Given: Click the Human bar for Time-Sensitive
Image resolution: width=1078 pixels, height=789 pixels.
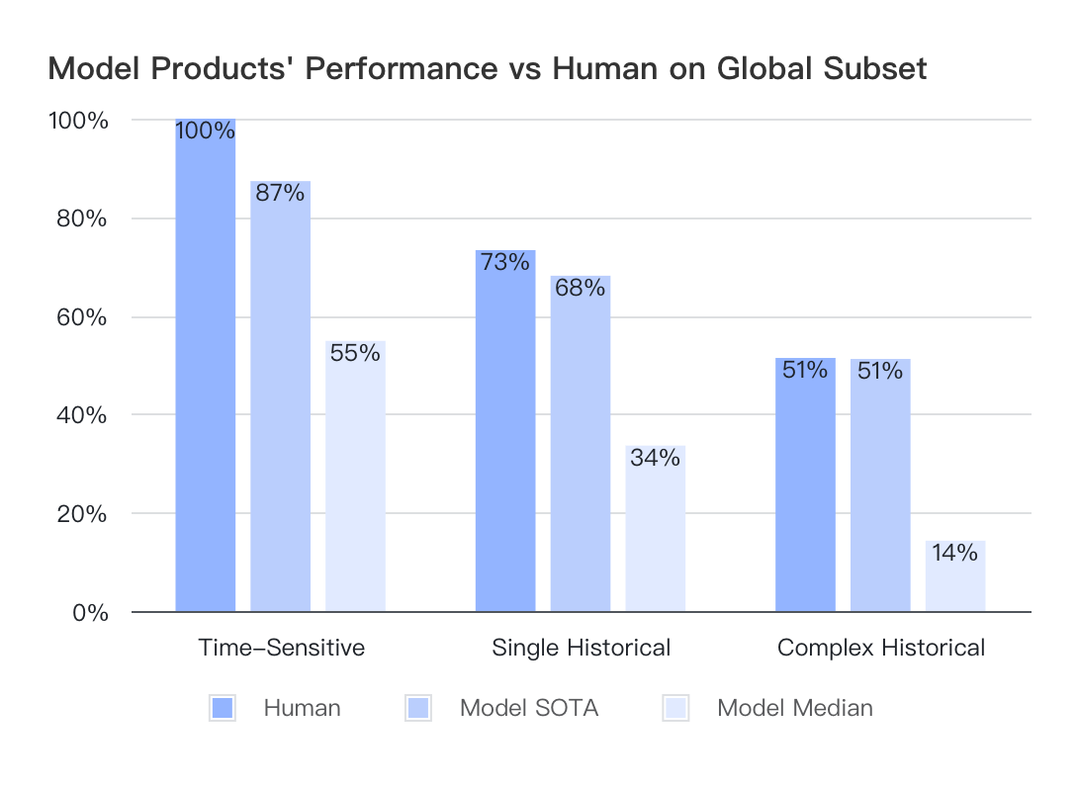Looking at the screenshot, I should click(206, 366).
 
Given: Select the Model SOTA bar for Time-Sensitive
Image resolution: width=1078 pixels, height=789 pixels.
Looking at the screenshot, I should click(280, 396).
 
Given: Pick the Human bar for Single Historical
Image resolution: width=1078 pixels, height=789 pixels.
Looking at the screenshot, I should click(505, 431).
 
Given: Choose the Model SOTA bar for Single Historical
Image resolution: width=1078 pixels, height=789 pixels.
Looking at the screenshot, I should click(581, 444).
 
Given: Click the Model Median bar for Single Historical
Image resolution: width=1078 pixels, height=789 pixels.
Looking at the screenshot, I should click(655, 529).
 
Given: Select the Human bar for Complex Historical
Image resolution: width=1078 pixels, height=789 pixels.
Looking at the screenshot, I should click(805, 485).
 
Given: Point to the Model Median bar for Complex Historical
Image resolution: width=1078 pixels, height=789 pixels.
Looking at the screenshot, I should click(955, 576).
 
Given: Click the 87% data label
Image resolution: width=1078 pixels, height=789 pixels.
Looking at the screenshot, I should click(280, 193).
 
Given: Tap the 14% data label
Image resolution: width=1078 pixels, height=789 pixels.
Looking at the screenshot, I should click(955, 553).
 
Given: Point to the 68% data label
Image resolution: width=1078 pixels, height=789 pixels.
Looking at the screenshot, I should click(581, 288).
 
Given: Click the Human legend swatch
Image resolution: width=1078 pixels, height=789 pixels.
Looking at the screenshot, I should click(223, 708).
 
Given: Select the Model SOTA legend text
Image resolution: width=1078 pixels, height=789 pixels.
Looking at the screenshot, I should click(529, 708).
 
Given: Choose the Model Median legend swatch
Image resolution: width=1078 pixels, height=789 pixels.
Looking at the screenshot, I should click(676, 708).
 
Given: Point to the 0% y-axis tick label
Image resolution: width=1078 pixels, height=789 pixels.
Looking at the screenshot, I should click(90, 612).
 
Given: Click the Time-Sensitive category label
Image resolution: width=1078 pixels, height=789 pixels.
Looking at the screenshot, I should click(282, 648).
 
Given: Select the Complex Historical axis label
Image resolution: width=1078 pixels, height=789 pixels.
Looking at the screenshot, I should click(881, 648).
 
